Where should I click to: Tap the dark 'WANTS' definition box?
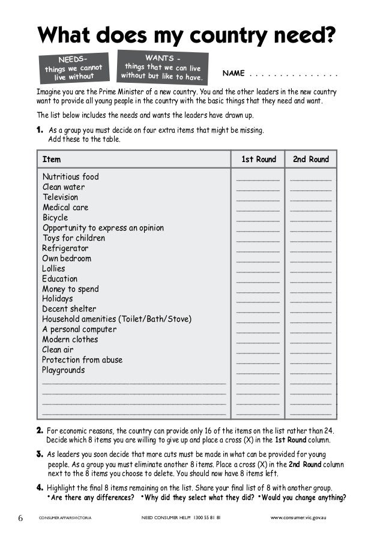click(x=163, y=66)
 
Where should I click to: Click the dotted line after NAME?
click(x=294, y=74)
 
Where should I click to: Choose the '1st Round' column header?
click(x=258, y=159)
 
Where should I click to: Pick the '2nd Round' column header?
click(x=310, y=159)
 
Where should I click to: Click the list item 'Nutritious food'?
click(x=70, y=177)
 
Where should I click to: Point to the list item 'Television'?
click(x=60, y=197)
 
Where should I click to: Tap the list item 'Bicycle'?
click(x=55, y=218)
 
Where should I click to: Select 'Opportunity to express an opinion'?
click(x=103, y=228)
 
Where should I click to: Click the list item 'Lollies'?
click(x=53, y=268)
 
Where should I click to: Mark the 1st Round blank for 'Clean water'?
click(x=258, y=189)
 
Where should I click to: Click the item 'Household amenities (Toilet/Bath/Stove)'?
click(x=116, y=319)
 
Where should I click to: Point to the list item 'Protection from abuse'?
click(x=82, y=360)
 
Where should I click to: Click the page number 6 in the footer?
click(x=20, y=518)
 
